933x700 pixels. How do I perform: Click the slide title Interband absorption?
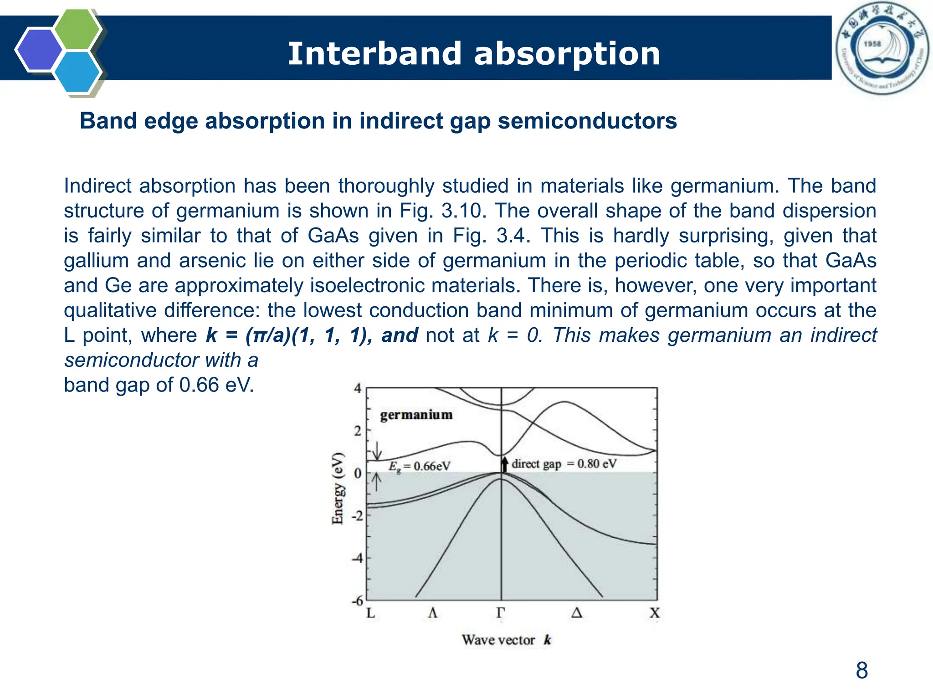[x=474, y=54]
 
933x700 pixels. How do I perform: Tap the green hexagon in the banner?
[x=77, y=28]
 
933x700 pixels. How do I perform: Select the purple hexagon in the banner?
[x=39, y=49]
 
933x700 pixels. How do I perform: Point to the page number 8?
[x=861, y=670]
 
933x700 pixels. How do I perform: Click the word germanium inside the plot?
[x=416, y=415]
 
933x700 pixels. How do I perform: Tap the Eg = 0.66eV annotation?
[x=419, y=466]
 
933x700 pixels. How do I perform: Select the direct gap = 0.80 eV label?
[x=564, y=464]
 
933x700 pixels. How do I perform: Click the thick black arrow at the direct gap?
[x=504, y=464]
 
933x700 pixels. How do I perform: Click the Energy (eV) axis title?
[x=337, y=489]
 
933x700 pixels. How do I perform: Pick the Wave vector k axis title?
[x=506, y=640]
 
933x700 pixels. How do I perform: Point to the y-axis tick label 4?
[x=358, y=389]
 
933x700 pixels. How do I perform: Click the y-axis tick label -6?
[x=357, y=601]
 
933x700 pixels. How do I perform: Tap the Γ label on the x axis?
[x=501, y=612]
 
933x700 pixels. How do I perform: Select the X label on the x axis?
[x=654, y=613]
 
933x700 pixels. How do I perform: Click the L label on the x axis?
[x=371, y=613]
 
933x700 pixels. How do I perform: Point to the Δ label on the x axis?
[x=577, y=612]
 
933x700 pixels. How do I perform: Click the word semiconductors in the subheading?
[x=587, y=121]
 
